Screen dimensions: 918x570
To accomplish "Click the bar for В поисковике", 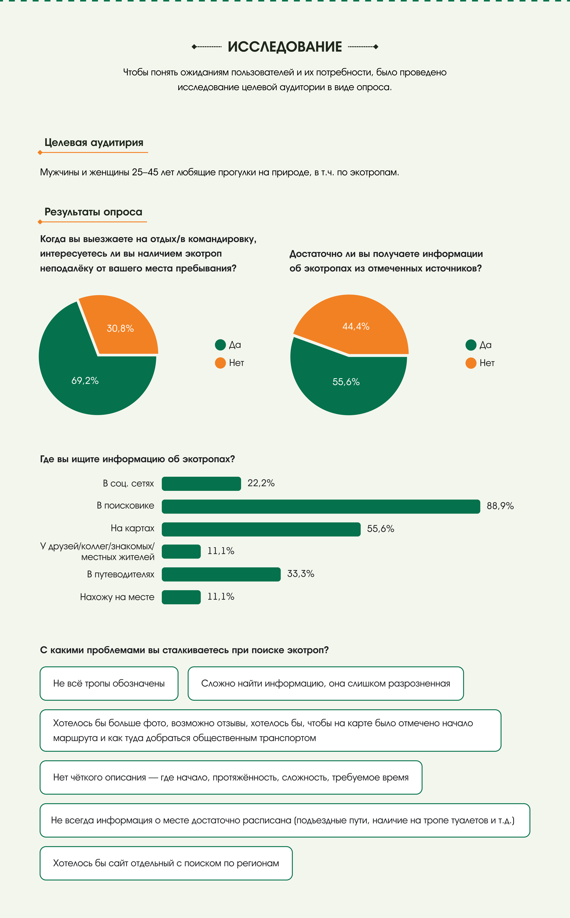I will (320, 506).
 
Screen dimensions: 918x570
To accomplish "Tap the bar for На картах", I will (261, 529).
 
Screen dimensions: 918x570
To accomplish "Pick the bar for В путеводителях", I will (221, 574).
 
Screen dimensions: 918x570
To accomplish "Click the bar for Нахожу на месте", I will (181, 597).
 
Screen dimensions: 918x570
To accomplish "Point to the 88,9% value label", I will (500, 506).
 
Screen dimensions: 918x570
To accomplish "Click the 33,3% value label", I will (300, 574).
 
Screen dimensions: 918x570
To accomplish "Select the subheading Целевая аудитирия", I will (94, 142).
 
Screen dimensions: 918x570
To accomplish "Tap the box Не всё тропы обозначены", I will (109, 683).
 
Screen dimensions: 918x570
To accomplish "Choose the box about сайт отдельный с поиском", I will (166, 863).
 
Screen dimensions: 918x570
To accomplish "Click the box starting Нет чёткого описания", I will (231, 777).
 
